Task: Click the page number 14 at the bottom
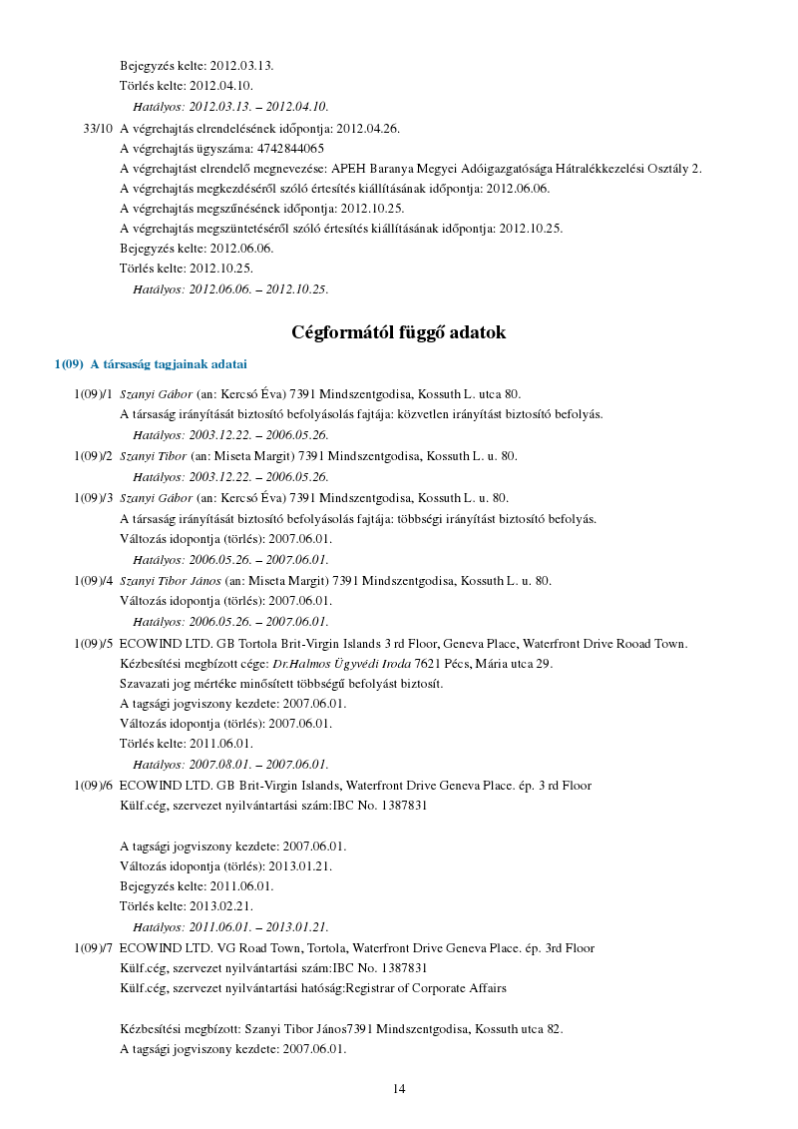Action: click(x=399, y=1088)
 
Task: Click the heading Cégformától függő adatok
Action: click(x=399, y=332)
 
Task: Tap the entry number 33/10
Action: click(x=98, y=129)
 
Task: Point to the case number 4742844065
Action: click(x=290, y=148)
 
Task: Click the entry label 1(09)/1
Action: click(x=93, y=394)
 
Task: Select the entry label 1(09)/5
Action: click(x=93, y=644)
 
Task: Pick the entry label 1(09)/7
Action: click(x=93, y=947)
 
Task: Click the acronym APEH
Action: click(x=348, y=168)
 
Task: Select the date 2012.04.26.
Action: click(x=368, y=129)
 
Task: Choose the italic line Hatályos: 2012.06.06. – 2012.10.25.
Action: click(x=230, y=289)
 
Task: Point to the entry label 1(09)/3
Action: click(x=93, y=497)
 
